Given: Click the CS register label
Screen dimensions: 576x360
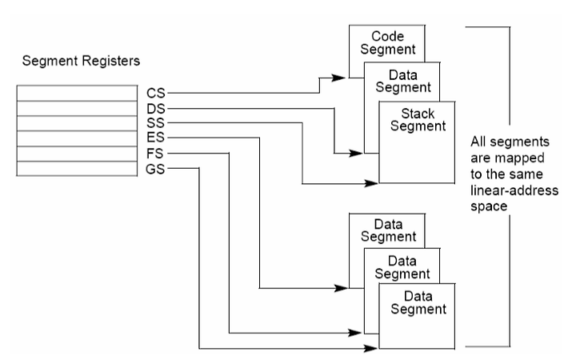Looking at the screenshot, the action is pos(156,94).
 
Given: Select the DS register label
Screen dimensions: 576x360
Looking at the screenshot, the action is pos(156,109).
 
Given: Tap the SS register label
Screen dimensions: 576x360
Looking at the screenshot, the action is pos(155,122).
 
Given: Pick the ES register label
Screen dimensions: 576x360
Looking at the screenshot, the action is pos(155,138).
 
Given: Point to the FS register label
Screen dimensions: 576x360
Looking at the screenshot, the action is pos(154,153).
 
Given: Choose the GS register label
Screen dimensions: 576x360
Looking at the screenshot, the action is pos(155,169).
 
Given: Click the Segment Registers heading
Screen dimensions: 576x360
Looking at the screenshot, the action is pos(81,61).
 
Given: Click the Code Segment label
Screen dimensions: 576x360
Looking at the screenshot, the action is pos(387,42).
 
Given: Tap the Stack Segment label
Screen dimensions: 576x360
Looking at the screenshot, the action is pos(418,120).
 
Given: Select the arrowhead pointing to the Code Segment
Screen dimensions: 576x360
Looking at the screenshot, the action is pos(338,78).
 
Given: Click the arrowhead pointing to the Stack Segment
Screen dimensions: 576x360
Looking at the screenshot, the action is pos(371,183).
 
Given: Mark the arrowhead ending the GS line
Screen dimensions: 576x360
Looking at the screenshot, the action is pos(371,347).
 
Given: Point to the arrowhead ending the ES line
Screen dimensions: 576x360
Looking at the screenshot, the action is pos(342,288).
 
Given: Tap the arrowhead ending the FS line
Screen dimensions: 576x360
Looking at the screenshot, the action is pos(355,333).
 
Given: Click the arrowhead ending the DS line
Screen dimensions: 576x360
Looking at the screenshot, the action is pos(356,153).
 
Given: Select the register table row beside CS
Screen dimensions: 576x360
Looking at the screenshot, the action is pos(77,94).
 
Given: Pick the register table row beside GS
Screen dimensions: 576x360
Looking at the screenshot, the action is pos(77,169).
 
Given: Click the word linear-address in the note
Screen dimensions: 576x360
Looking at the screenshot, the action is pos(514,190).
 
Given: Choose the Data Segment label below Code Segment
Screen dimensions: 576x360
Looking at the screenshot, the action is pos(403,81).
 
